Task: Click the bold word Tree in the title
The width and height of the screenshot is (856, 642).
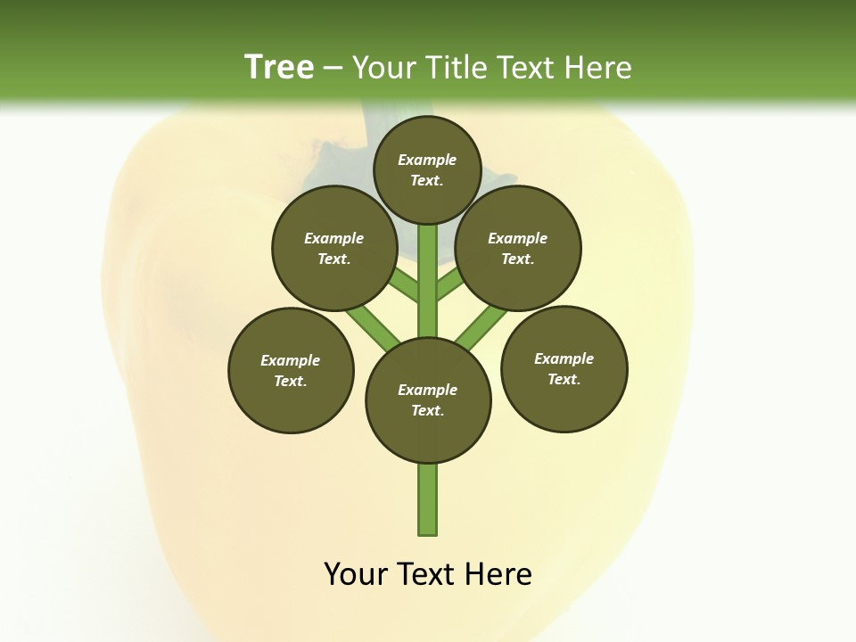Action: pos(279,68)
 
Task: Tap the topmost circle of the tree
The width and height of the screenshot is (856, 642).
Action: pos(427,169)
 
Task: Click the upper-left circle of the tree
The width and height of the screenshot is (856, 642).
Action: pos(333,248)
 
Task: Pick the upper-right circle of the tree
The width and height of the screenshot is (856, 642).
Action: pos(518,248)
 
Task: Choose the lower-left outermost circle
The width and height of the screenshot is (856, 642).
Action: pos(291,370)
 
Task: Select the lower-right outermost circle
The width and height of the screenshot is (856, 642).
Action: pos(564,368)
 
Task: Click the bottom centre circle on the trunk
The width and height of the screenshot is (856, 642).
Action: pos(428,400)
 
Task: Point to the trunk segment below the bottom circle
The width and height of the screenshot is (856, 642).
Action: pos(428,499)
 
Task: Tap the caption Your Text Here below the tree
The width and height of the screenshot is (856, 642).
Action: pos(428,574)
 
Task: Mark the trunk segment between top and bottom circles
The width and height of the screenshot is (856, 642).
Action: pos(428,281)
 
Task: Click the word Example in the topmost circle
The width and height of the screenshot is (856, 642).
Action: pos(427,160)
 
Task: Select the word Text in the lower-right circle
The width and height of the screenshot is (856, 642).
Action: pos(562,379)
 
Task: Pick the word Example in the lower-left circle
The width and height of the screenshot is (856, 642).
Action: pos(291,360)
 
